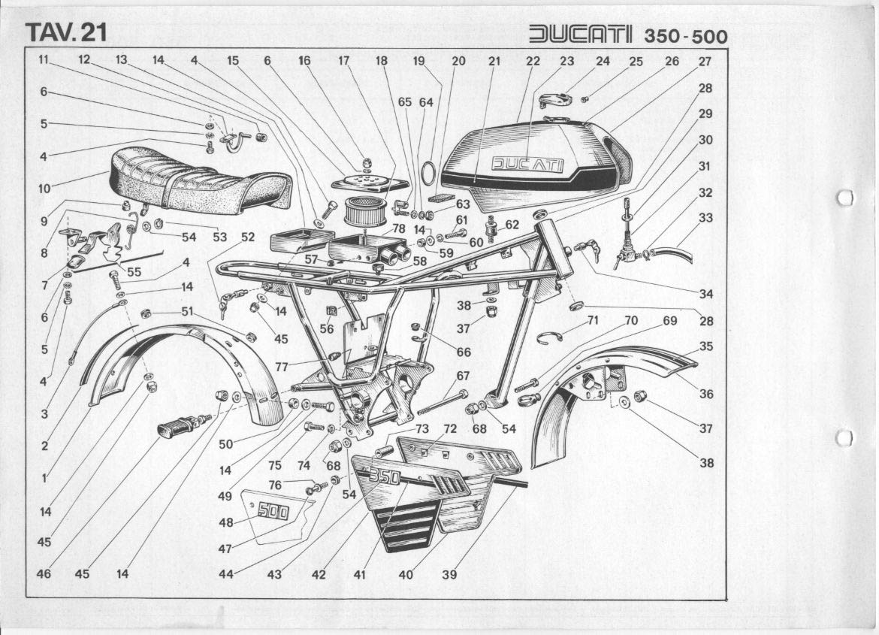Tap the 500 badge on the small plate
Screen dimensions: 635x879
[273, 513]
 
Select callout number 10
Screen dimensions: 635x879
[44, 188]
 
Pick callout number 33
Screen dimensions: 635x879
[705, 218]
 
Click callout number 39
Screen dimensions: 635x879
[449, 575]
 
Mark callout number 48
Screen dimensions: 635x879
[225, 523]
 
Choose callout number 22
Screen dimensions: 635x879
[533, 62]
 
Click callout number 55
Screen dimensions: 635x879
[134, 271]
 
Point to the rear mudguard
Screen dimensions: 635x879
[180, 361]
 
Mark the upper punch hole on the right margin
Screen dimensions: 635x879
[845, 197]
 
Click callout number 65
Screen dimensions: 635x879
[405, 101]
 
